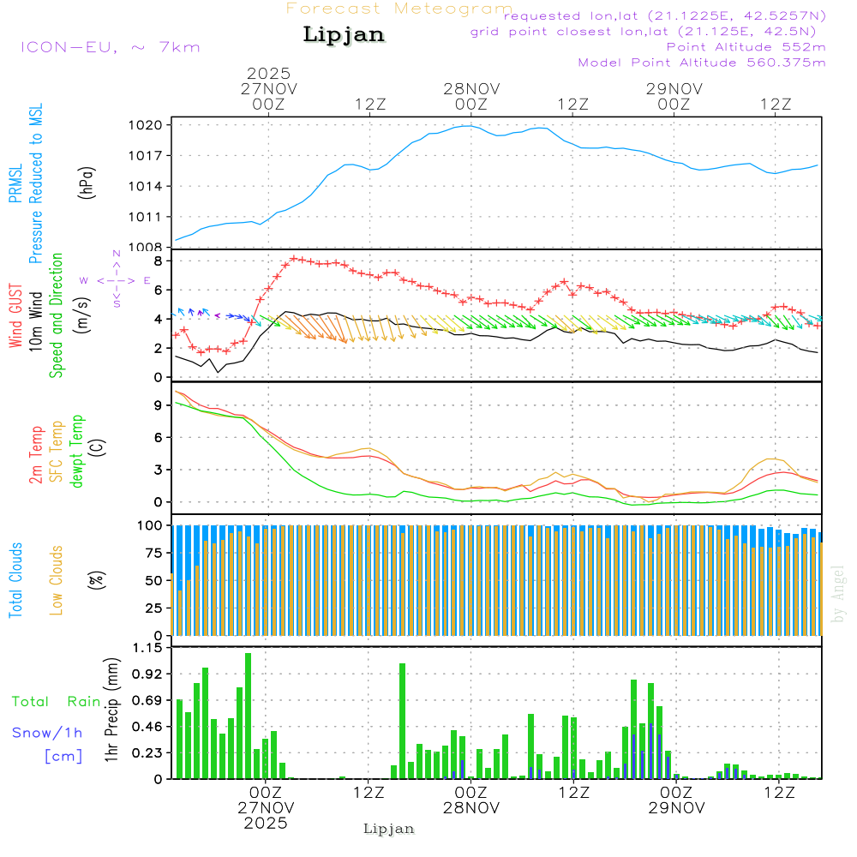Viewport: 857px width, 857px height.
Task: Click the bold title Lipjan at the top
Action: [x=344, y=35]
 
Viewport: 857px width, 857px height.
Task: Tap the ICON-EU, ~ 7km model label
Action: [x=110, y=47]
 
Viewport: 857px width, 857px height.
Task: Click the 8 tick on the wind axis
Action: [x=158, y=261]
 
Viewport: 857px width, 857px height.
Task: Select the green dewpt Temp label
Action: [x=77, y=452]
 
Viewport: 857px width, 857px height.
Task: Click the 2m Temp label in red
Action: [x=37, y=452]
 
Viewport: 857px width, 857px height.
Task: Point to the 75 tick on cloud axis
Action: [x=153, y=553]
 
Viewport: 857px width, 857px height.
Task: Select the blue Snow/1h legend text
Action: [x=47, y=733]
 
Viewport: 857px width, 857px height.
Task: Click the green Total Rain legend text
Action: [x=56, y=701]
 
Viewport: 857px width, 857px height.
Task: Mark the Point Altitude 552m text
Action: [x=746, y=47]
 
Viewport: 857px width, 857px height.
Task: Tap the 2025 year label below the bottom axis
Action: [x=266, y=823]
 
